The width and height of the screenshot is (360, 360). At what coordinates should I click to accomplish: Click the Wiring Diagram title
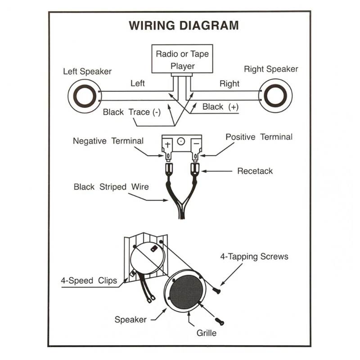pos(184,25)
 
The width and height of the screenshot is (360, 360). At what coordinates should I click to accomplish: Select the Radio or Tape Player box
pos(182,59)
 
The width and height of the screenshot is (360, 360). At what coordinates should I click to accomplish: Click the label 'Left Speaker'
pos(87,72)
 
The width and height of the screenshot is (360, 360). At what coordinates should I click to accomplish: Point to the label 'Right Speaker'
pos(271,69)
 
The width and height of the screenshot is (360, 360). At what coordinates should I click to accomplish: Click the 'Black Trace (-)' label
pos(132,112)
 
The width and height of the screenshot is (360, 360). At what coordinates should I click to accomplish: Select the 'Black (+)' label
pos(220,107)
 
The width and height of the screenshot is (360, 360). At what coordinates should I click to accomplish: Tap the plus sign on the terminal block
pos(167,144)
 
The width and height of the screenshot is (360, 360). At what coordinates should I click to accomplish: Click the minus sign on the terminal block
pos(196,144)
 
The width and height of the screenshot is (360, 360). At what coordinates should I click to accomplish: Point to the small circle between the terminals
pos(181,141)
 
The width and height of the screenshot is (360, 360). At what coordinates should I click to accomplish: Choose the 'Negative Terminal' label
pos(108,141)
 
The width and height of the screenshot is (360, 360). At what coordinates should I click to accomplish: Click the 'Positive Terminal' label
pos(259,137)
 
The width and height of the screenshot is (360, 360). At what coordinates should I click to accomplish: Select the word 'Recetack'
pos(255,171)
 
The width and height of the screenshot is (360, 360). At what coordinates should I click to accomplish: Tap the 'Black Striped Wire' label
pos(111,187)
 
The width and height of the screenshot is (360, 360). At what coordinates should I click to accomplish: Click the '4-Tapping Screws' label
pos(254,256)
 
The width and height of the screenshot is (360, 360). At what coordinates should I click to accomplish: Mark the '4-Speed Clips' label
pos(89,280)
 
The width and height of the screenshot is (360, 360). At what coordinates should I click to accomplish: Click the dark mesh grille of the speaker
pos(186,292)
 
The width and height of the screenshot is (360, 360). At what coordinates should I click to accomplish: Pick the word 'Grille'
pos(207,333)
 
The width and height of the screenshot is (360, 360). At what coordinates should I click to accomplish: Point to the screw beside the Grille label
pos(220,321)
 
